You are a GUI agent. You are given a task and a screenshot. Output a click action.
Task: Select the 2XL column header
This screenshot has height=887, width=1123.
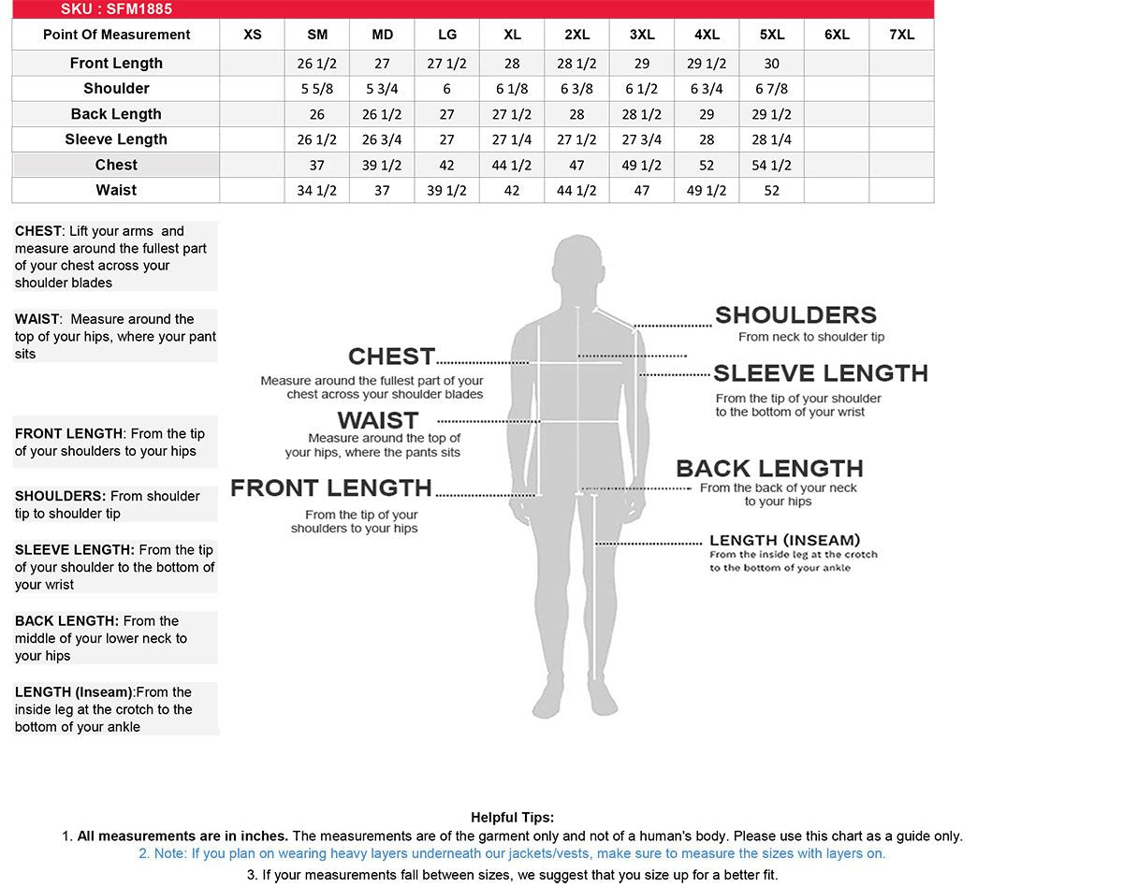(x=576, y=35)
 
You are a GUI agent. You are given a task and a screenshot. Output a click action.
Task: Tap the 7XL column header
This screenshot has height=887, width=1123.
(x=901, y=35)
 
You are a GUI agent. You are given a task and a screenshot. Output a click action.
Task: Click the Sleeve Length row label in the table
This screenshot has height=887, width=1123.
(x=116, y=139)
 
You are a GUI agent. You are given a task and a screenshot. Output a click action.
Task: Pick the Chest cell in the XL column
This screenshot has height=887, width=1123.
(x=512, y=166)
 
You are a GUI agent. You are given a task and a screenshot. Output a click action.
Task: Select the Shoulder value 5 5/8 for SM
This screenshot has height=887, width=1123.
(x=317, y=89)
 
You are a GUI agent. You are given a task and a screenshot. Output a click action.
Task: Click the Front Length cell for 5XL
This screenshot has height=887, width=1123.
(x=771, y=64)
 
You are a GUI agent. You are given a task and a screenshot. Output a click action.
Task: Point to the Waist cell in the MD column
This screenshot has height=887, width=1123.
(x=382, y=191)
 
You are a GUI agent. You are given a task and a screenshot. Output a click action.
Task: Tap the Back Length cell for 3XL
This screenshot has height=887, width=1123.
(x=642, y=114)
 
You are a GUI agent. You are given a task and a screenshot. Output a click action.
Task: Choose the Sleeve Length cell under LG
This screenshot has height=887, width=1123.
(x=446, y=139)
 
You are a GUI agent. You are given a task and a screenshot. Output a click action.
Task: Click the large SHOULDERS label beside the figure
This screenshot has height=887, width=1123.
(x=795, y=315)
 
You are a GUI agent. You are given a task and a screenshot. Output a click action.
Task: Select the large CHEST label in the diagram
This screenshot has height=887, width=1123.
(x=391, y=356)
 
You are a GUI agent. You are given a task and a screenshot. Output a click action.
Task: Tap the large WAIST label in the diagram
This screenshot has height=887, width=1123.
(x=377, y=420)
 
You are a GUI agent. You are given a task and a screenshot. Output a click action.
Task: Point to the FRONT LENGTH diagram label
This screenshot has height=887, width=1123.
(x=331, y=487)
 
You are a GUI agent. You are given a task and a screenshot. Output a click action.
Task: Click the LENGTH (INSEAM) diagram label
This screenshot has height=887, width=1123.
(x=784, y=540)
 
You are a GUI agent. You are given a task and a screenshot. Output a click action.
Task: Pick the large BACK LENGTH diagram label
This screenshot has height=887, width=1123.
(x=769, y=468)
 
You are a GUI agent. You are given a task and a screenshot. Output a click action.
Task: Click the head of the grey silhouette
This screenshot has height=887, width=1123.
(x=576, y=267)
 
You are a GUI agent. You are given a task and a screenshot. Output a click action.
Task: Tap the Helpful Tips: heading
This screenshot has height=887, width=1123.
(x=512, y=818)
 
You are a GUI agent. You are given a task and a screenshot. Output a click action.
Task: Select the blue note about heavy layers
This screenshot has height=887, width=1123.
(x=512, y=853)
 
